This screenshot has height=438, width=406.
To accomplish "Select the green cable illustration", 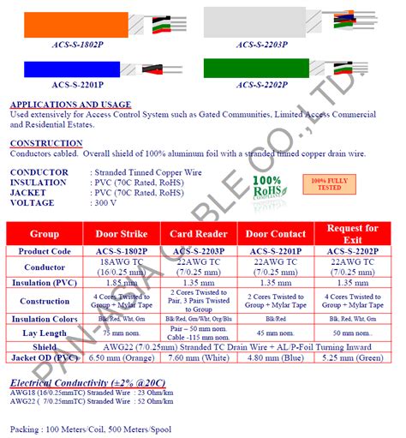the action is [x=257, y=69].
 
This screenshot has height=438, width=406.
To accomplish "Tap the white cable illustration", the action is [x=257, y=21].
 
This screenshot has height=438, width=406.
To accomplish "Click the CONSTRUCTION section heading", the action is [x=46, y=143].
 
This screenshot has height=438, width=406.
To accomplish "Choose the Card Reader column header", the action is [x=199, y=234].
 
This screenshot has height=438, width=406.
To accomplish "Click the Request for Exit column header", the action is [x=354, y=234].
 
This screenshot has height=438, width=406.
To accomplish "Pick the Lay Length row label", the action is [x=44, y=333].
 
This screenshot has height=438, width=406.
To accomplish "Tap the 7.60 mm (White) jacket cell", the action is [x=199, y=359].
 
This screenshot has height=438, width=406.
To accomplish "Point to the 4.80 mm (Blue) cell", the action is [x=275, y=359].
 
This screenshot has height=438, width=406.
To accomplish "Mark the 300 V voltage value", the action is [x=106, y=203].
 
